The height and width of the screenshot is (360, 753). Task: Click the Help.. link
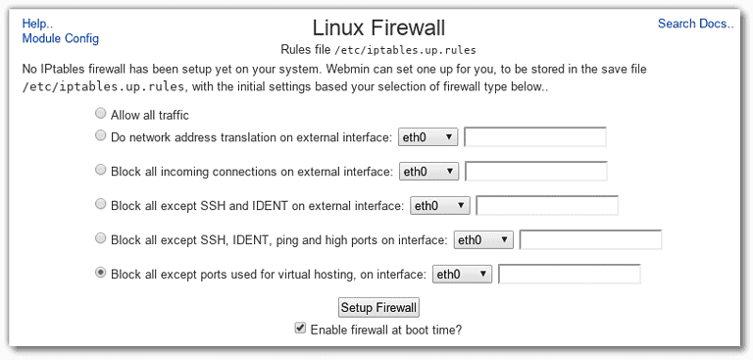(x=37, y=23)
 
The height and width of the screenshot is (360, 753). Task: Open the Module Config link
(x=60, y=38)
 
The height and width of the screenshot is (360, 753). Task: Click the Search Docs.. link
(x=695, y=24)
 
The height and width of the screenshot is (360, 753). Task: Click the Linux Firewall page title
(x=376, y=27)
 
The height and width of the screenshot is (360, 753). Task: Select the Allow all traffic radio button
(x=100, y=114)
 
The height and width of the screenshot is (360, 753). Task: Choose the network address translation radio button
(x=100, y=136)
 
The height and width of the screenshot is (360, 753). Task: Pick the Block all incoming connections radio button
(x=100, y=171)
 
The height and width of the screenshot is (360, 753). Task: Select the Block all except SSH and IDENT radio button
(x=100, y=205)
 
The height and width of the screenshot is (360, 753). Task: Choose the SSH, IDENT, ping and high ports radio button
(x=100, y=238)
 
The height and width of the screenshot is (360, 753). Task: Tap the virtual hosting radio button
(x=100, y=274)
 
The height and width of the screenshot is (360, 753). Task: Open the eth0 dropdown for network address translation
(x=427, y=137)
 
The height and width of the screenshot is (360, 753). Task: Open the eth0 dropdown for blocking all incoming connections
(x=428, y=172)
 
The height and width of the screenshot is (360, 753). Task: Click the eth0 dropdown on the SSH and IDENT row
(x=439, y=206)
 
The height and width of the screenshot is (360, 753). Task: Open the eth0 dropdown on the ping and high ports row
(x=483, y=239)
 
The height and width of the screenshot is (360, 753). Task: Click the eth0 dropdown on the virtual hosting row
(x=462, y=275)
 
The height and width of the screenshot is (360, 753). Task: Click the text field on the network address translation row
(x=534, y=137)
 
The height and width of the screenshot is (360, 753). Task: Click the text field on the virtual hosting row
(x=570, y=275)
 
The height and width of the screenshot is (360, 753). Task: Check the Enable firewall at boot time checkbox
(x=300, y=330)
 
